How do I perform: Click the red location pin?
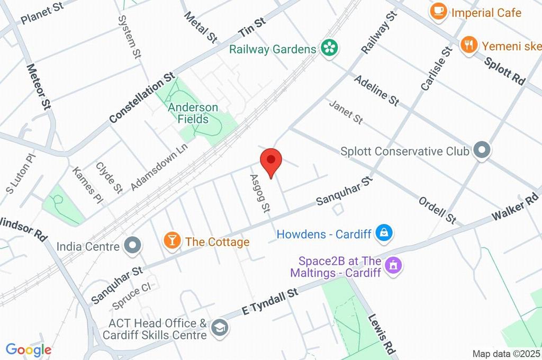point(272,161)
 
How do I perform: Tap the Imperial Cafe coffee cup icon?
point(438,12)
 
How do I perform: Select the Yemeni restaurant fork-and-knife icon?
point(468,45)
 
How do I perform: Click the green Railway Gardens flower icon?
point(329,49)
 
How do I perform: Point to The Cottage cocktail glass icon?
point(171,241)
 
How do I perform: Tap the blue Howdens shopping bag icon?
point(383,232)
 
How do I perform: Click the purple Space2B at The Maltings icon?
point(393,265)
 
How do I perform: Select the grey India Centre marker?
point(131,245)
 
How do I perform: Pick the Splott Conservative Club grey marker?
point(482,150)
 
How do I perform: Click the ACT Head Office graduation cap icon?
point(219,328)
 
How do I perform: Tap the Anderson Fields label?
point(193,113)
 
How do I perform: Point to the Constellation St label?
point(142,98)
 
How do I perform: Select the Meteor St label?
point(39,87)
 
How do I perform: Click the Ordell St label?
point(437,210)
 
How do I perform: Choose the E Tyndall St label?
point(270,302)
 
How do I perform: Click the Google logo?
point(28,349)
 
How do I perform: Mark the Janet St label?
point(346,112)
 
